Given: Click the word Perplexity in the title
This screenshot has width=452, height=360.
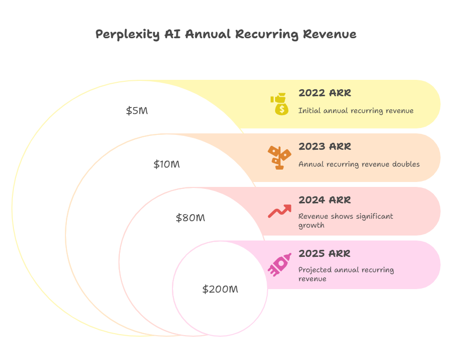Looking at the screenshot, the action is (127, 35).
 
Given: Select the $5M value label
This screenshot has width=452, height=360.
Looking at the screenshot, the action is (137, 111).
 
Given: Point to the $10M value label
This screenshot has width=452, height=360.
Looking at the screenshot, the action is (167, 164).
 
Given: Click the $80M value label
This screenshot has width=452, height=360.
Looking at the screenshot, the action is (190, 218).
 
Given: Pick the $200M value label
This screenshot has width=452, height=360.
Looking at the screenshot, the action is (220, 289).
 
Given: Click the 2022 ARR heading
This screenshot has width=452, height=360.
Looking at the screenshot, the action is (325, 93).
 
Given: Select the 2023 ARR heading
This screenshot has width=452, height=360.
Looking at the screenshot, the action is (325, 147).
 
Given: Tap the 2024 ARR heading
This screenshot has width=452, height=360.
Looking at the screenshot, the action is (325, 200).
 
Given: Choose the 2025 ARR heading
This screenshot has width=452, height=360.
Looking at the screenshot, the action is (325, 253).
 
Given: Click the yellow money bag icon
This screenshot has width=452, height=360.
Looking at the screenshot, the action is (280, 104).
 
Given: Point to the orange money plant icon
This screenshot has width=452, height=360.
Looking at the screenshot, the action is (280, 158).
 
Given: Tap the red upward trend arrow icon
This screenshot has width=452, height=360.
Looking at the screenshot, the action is (280, 211).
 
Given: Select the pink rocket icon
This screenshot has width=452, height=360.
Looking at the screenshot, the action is (280, 264).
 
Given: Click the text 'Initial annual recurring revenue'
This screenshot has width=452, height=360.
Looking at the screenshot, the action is (356, 111).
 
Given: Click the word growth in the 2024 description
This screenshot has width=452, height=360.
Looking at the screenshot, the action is (311, 225).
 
